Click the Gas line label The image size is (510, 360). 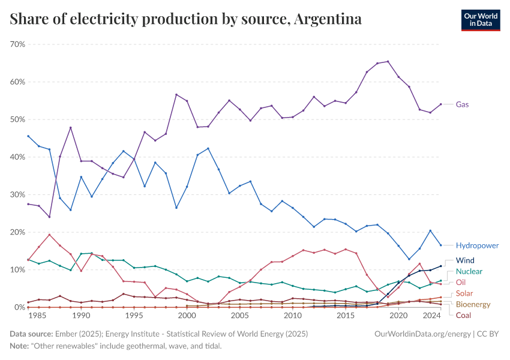462,104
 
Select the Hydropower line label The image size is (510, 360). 477,245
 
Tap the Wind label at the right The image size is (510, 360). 465,260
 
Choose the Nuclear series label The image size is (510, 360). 469,271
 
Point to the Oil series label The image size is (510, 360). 461,282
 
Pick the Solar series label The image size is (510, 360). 464,293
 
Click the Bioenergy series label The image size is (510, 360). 473,304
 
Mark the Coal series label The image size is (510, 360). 463,316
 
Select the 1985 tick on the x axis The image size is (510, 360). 38,316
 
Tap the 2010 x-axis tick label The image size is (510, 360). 293,316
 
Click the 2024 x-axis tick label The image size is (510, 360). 431,316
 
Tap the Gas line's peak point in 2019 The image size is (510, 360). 388,61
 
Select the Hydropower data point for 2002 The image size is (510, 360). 208,148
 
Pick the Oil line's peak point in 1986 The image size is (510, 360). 49,235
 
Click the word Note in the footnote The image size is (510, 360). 20,346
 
